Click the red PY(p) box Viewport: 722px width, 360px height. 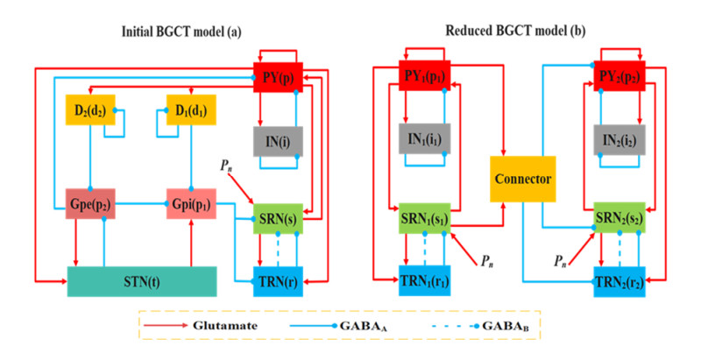[276, 77]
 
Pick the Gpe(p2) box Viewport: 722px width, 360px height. [90, 204]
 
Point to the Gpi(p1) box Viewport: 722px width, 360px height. [192, 204]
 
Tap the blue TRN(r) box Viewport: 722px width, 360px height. [276, 281]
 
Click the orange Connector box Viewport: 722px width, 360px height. [523, 180]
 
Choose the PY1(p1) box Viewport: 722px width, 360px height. [423, 77]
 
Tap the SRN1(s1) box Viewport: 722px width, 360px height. [423, 218]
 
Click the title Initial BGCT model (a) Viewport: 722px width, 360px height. [180, 32]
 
